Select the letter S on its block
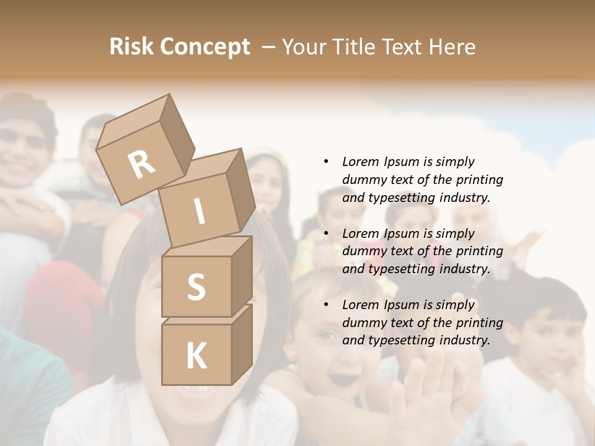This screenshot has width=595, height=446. point(196,287)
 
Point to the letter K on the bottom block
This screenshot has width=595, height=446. point(196,357)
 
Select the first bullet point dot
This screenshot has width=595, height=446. point(326,162)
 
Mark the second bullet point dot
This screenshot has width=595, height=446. point(326,234)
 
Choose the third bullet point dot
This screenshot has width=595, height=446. point(326,305)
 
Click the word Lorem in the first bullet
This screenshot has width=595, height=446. point(360,162)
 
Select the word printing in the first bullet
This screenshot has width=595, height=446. point(478,180)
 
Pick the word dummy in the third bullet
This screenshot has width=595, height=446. point(363,323)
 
